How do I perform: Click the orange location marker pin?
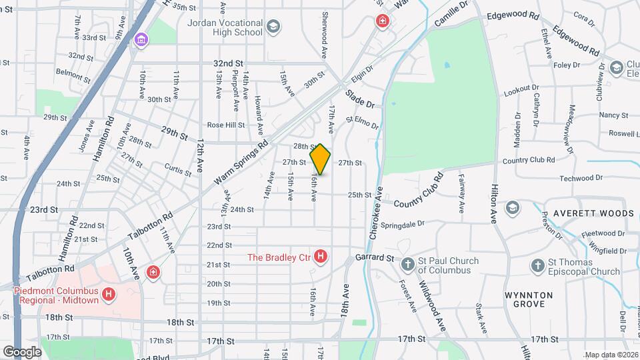click(x=321, y=159)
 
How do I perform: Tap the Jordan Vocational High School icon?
click(x=273, y=27)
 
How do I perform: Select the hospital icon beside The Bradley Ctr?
click(x=321, y=256)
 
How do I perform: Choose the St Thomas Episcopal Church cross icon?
click(x=537, y=266)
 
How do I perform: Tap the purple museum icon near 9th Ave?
click(x=140, y=41)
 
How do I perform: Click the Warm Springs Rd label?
click(x=241, y=163)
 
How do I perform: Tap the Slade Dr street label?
click(x=360, y=101)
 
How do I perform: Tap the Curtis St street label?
click(x=177, y=170)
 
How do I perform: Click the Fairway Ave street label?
click(x=461, y=193)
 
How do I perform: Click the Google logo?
click(x=22, y=351)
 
